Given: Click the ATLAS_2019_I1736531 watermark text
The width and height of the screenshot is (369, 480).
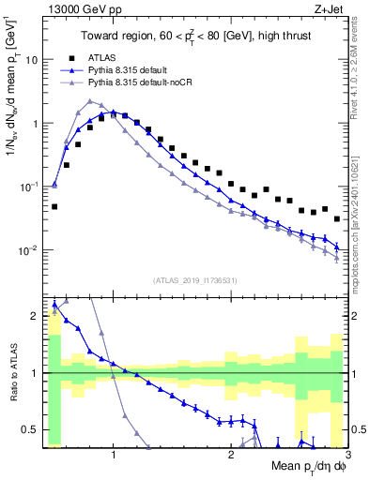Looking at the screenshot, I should click(x=194, y=279).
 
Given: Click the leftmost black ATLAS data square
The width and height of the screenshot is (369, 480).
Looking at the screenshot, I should click(x=54, y=206).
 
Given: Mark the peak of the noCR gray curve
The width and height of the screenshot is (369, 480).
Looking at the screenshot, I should click(x=89, y=101).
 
